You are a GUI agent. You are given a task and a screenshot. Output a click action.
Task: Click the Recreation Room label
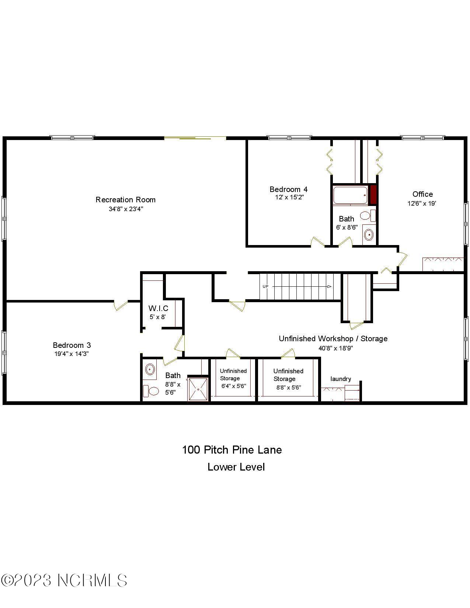[x=125, y=200]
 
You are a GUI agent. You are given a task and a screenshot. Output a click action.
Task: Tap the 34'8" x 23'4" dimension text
[x=125, y=209]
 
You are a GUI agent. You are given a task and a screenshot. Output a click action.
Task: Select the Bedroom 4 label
[x=288, y=189]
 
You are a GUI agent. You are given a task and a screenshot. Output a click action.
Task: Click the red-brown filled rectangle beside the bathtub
[x=373, y=195]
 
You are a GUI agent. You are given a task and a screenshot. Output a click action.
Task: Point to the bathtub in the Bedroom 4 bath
[x=350, y=195]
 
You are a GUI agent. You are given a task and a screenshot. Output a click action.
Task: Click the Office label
[x=422, y=194]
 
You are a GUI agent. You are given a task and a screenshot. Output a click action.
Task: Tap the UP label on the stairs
[x=265, y=286]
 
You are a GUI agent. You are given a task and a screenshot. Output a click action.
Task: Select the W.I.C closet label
[x=158, y=308]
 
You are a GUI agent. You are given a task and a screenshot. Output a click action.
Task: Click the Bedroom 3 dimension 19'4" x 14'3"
[x=72, y=354]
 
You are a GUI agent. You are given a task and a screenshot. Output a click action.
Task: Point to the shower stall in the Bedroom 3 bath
[x=198, y=389]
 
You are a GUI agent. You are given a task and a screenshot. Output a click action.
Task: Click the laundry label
[x=341, y=379]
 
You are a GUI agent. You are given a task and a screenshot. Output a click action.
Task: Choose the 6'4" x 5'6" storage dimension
[x=234, y=386]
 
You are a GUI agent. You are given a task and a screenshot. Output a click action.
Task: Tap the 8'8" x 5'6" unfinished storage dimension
[x=289, y=387]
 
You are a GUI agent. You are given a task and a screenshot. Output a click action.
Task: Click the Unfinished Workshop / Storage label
[x=333, y=338]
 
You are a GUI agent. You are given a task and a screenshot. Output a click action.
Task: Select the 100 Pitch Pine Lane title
[x=232, y=450]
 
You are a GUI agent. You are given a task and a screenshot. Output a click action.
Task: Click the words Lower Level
[x=236, y=467]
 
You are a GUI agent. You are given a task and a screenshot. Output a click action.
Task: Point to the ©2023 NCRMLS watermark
[x=64, y=580]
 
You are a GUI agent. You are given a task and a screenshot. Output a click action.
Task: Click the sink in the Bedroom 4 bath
[x=369, y=234]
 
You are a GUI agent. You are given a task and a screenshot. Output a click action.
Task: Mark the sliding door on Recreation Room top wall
[x=195, y=138]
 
